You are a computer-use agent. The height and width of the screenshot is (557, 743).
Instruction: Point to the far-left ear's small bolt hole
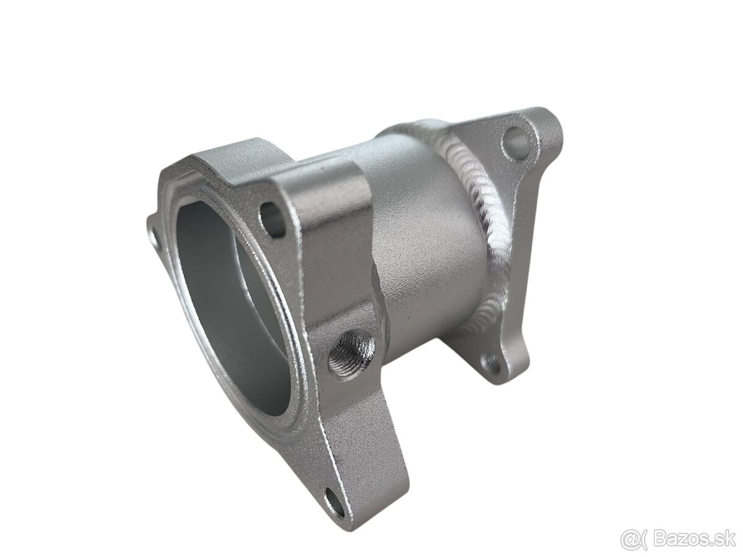(x=153, y=238)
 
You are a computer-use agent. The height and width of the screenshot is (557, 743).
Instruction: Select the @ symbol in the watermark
(x=632, y=539)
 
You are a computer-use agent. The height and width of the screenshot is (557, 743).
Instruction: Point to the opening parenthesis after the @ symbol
(x=644, y=539)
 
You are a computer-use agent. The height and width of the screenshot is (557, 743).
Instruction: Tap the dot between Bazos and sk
(x=713, y=544)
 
